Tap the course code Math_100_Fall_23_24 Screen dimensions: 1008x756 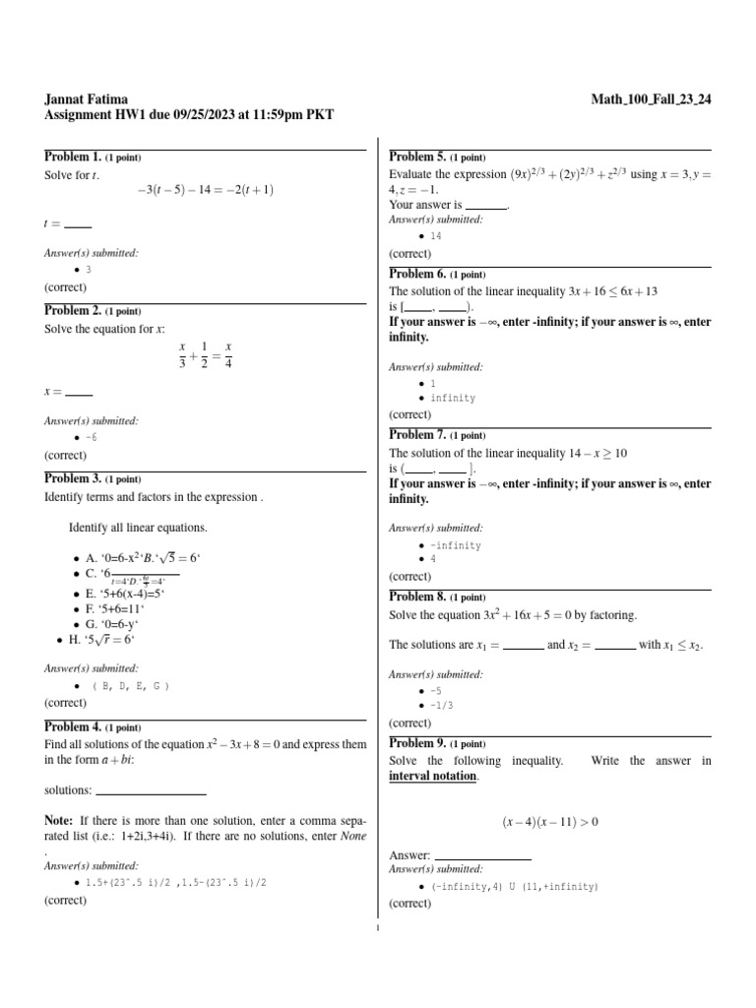(651, 98)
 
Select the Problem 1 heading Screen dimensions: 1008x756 (73, 157)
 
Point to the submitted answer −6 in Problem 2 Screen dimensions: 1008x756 (92, 436)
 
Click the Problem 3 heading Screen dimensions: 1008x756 (73, 478)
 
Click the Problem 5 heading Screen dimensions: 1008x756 (417, 157)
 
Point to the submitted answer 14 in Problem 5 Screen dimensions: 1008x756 (436, 236)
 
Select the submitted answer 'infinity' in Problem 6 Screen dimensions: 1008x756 (453, 399)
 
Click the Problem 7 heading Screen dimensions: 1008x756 (417, 434)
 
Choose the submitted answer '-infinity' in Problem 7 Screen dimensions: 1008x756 (456, 545)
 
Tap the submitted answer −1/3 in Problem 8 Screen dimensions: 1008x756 (442, 706)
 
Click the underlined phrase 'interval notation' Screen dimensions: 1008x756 (433, 776)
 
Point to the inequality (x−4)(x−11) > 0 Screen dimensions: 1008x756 (550, 821)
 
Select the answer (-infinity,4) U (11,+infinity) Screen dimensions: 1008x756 (514, 886)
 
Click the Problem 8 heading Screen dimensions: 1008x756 (417, 597)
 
